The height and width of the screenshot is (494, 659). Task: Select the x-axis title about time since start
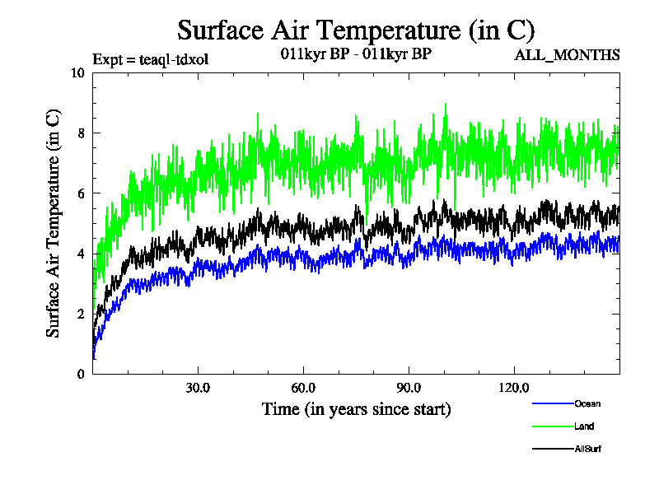356,408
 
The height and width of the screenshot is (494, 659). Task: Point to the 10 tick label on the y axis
78,72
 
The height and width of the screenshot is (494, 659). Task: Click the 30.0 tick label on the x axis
198,388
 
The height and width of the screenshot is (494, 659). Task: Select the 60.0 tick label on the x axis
303,388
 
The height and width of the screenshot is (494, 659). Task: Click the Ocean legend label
587,403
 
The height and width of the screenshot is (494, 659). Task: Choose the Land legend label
584,426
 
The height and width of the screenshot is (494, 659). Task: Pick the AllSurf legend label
588,449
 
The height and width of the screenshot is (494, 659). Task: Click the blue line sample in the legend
553,403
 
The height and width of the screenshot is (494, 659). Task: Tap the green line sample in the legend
553,426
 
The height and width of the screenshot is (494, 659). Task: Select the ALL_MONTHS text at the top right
567,56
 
